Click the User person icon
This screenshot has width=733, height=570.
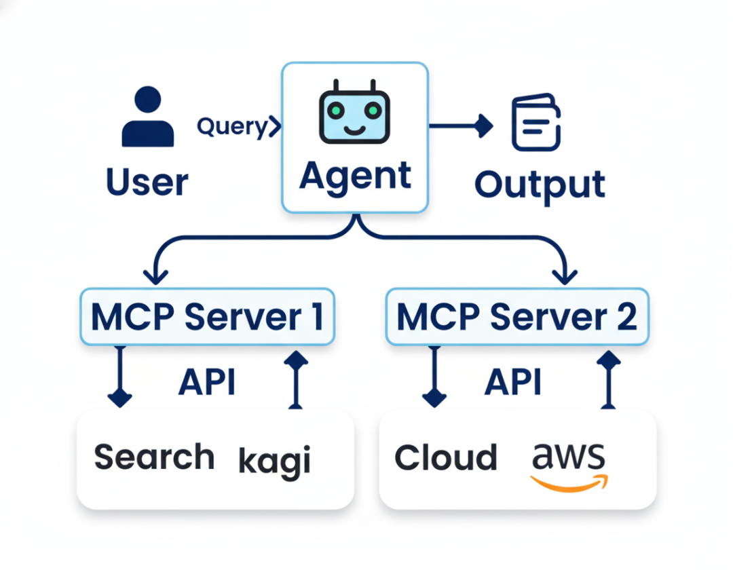[x=147, y=117]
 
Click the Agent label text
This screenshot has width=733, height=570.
[x=355, y=175]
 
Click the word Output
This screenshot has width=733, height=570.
[x=540, y=184]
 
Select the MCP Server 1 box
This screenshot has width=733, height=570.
[x=207, y=316]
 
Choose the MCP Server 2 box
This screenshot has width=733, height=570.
[x=516, y=316]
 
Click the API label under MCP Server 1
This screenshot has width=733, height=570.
[x=207, y=382]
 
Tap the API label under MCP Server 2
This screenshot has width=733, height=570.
[x=513, y=382]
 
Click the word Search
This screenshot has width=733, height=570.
[x=154, y=457]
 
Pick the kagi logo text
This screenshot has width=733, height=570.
[x=274, y=461]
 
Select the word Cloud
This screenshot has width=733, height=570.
[x=445, y=457]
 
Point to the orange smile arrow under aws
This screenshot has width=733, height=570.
[x=569, y=482]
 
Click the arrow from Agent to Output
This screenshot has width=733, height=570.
[x=461, y=126]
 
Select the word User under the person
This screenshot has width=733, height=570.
[x=147, y=183]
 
